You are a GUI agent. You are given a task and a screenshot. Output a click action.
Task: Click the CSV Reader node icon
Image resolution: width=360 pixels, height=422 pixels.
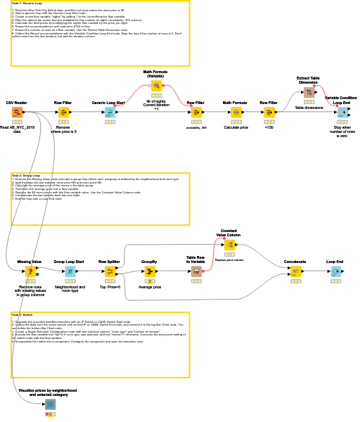(17, 112)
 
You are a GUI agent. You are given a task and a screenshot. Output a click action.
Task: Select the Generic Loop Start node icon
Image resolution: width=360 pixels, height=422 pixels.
(110, 112)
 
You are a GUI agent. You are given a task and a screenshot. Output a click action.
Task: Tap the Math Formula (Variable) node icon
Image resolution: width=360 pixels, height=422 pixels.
(156, 85)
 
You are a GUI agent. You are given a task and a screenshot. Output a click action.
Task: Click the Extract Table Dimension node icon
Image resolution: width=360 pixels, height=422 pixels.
(309, 92)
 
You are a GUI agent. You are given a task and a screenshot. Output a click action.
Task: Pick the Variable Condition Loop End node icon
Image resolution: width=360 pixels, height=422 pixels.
(342, 112)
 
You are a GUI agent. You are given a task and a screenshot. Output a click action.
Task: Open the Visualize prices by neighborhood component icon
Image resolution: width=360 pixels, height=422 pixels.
(51, 404)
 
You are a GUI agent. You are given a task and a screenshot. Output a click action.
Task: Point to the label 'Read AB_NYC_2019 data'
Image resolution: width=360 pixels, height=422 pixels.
(17, 130)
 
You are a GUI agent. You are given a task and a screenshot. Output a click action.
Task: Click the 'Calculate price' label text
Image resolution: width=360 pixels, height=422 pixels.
(235, 127)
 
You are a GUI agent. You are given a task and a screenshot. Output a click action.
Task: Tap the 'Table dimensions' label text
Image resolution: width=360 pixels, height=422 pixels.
(309, 108)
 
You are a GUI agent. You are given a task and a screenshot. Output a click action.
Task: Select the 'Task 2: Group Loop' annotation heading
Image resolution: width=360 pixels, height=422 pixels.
(26, 176)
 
